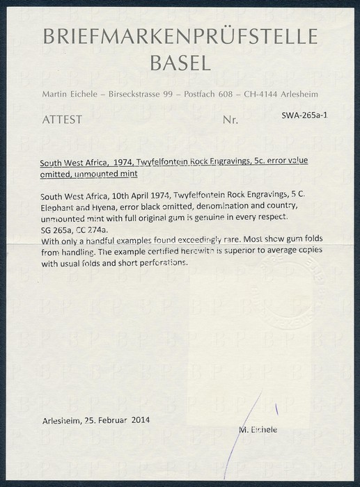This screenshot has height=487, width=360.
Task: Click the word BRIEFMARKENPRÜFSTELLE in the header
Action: tap(180, 38)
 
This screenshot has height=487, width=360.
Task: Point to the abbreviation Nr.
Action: tap(230, 120)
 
